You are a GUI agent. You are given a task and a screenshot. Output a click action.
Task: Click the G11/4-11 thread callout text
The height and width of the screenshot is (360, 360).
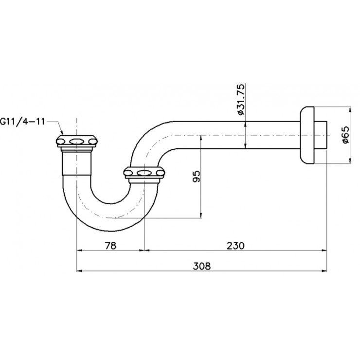point(22,121)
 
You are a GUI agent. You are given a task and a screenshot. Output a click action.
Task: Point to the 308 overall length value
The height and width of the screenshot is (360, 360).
point(201,265)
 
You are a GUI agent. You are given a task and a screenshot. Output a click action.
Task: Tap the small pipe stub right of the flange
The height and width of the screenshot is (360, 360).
point(322,135)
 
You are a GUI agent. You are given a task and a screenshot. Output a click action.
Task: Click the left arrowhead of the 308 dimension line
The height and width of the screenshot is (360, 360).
point(80,271)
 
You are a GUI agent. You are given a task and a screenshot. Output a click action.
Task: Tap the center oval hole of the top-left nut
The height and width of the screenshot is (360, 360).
point(76,142)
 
